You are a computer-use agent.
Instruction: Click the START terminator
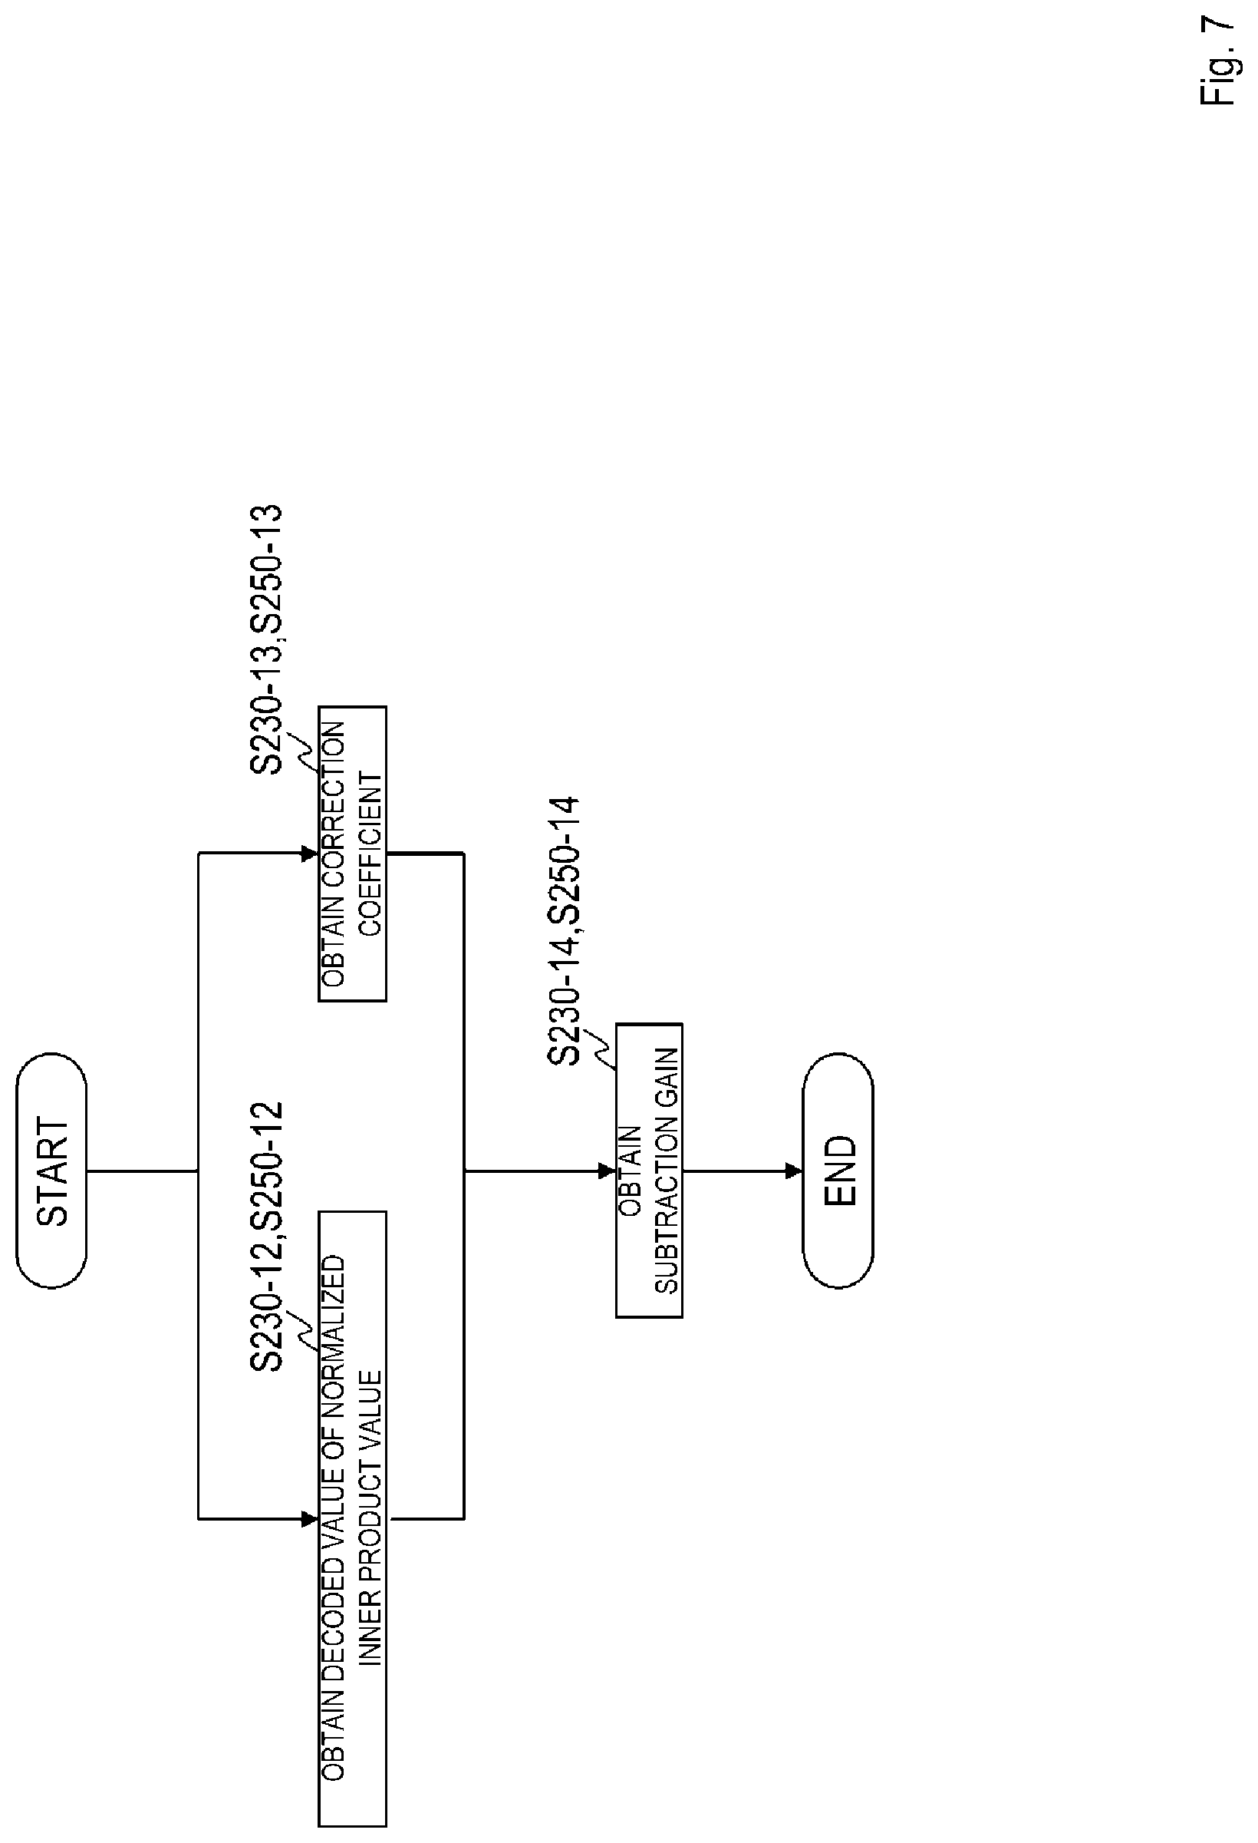tap(51, 1171)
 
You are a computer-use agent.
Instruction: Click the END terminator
tap(838, 1171)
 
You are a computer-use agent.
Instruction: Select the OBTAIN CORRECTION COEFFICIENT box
tap(353, 854)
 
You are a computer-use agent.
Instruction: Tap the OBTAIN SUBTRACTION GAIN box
tap(649, 1171)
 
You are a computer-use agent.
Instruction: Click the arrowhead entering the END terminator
tap(793, 1171)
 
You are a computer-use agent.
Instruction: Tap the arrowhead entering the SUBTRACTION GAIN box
tap(608, 1171)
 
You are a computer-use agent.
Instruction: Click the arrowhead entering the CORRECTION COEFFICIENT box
tap(310, 854)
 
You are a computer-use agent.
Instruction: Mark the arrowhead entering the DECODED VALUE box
tap(310, 1519)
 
